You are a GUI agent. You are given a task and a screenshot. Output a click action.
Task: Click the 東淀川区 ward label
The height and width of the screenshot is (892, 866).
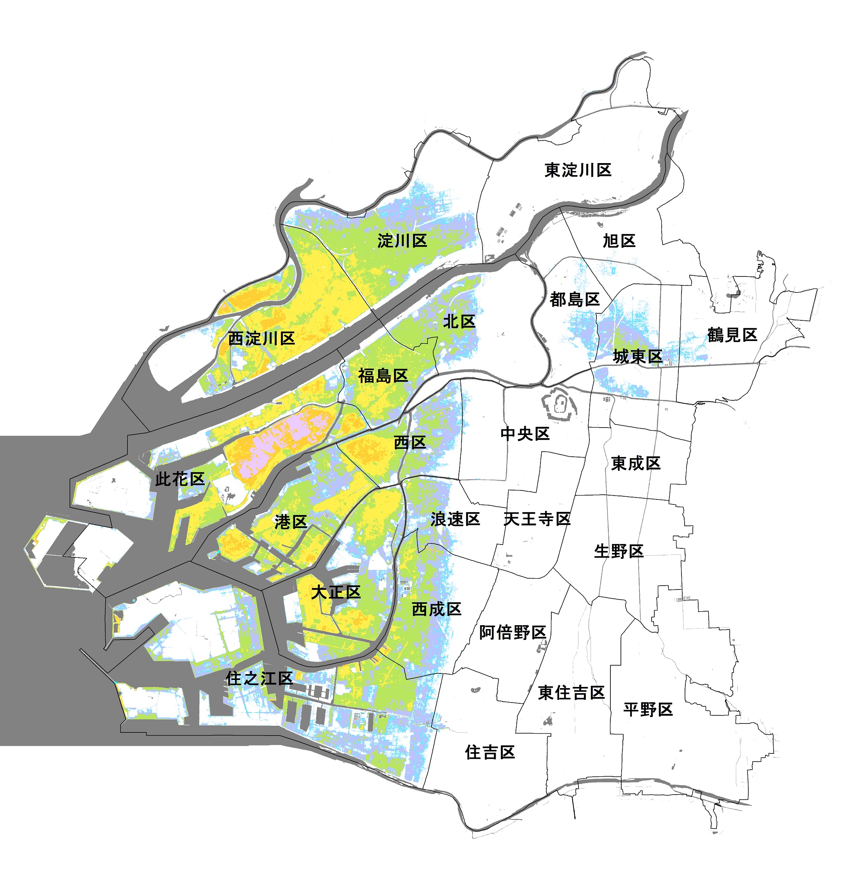pyautogui.click(x=578, y=170)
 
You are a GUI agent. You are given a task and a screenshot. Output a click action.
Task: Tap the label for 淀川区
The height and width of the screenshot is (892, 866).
pyautogui.click(x=402, y=240)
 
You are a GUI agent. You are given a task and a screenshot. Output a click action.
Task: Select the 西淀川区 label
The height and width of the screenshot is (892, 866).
pyautogui.click(x=261, y=338)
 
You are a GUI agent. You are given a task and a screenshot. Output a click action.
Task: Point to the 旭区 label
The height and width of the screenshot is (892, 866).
pyautogui.click(x=619, y=241)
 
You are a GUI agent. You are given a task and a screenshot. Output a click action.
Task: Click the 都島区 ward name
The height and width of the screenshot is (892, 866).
pyautogui.click(x=575, y=299)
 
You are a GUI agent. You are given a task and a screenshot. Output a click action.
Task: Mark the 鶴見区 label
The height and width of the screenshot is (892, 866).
pyautogui.click(x=732, y=335)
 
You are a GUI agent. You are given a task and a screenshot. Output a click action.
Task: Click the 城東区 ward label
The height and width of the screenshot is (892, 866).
pyautogui.click(x=638, y=356)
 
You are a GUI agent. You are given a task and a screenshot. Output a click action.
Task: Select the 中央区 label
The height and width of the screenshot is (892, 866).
pyautogui.click(x=525, y=434)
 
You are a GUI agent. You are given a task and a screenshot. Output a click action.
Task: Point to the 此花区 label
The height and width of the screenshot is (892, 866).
pyautogui.click(x=180, y=479)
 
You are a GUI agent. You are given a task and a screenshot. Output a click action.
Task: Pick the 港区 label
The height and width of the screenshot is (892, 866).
pyautogui.click(x=291, y=522)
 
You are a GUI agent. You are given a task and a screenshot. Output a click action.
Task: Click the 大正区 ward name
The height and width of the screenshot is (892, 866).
pyautogui.click(x=336, y=593)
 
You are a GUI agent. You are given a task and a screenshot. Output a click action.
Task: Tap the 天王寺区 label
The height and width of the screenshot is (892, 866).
pyautogui.click(x=537, y=519)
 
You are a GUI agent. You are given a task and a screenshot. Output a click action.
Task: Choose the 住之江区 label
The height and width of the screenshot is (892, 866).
pyautogui.click(x=259, y=678)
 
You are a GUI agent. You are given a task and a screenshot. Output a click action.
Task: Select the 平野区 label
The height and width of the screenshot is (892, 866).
pyautogui.click(x=648, y=709)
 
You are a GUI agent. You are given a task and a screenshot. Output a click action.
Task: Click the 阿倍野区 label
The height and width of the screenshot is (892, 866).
pyautogui.click(x=513, y=632)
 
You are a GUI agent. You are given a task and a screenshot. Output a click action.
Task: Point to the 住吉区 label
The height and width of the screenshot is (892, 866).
pyautogui.click(x=490, y=752)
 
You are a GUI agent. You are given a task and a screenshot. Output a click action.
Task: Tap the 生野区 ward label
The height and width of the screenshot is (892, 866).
pyautogui.click(x=619, y=551)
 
